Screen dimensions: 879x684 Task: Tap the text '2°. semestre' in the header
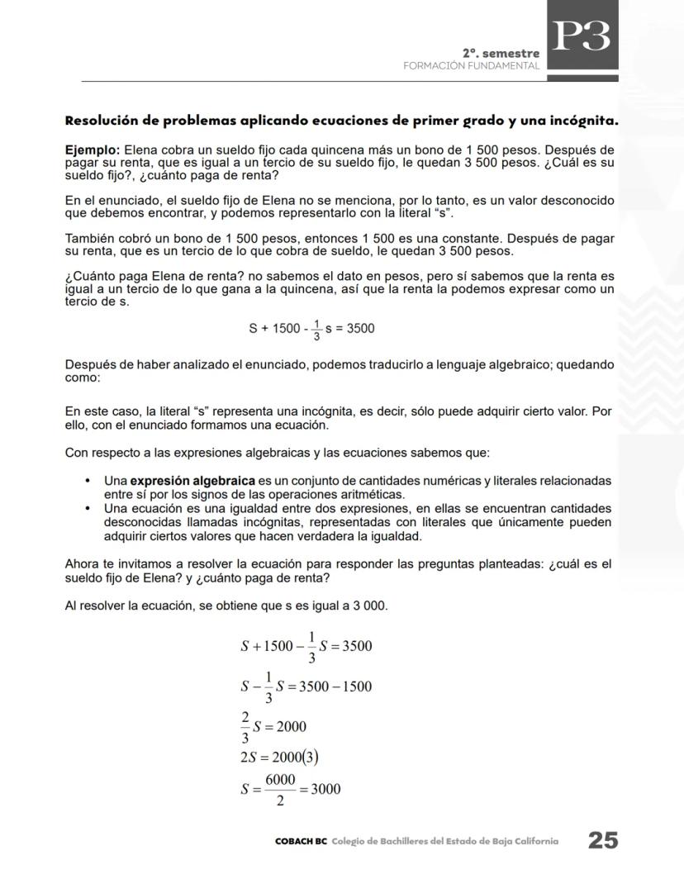tap(501, 53)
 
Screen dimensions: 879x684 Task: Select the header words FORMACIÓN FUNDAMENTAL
tap(471, 65)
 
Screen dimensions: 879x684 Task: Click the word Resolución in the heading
tap(99, 121)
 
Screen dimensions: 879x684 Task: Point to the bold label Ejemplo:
tap(93, 150)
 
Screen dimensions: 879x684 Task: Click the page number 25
tap(602, 840)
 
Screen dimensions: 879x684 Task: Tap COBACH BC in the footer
tap(301, 841)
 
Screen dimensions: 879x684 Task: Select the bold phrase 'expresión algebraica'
tap(192, 481)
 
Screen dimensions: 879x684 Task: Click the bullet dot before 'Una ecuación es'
tap(88, 508)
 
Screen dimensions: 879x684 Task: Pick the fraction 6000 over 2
tap(280, 789)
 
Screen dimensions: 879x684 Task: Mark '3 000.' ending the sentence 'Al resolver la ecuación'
tap(369, 606)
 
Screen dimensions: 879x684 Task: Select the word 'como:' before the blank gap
tap(83, 377)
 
